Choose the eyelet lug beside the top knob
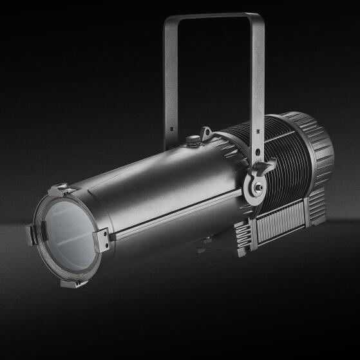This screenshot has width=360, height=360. (x=206, y=133)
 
